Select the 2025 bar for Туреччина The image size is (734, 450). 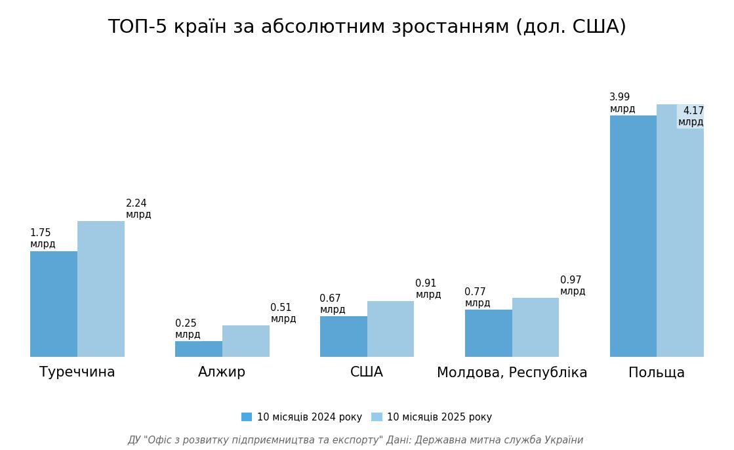click(x=101, y=289)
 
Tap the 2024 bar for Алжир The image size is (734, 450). click(x=199, y=349)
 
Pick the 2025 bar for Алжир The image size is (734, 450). click(x=246, y=341)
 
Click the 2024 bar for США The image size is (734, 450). click(x=344, y=337)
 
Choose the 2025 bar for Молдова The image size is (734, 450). click(x=535, y=327)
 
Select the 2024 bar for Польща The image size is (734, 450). click(x=633, y=236)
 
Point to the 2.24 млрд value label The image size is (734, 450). click(x=138, y=209)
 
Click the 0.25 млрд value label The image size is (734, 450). click(x=188, y=329)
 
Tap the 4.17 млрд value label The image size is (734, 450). click(x=691, y=116)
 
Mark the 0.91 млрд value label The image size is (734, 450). click(x=428, y=289)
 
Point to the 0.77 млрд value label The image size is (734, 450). click(x=478, y=297)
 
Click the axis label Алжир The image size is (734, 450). click(x=222, y=372)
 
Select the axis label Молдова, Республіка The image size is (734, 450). click(x=512, y=373)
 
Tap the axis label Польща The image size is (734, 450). click(x=656, y=373)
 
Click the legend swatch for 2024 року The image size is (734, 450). click(x=247, y=417)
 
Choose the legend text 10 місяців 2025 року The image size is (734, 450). click(x=439, y=417)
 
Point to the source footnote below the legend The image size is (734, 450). click(x=355, y=440)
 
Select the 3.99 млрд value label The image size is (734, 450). click(x=622, y=103)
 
